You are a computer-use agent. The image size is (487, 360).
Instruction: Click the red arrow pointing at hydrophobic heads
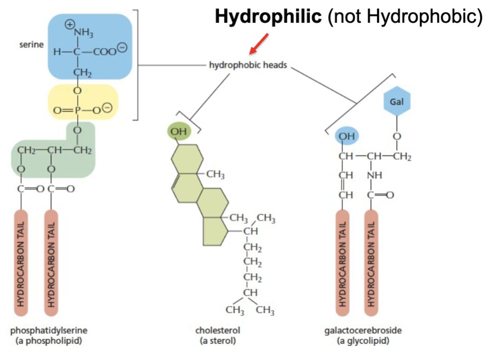coord(260,44)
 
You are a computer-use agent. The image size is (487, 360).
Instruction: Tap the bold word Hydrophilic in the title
coord(268,17)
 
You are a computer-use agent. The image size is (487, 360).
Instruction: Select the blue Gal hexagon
coord(397,101)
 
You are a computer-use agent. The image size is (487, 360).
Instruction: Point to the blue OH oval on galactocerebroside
coord(346,136)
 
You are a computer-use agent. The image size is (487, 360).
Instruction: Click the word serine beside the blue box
coord(32,45)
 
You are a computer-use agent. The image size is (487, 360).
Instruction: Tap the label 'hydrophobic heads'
coord(248,67)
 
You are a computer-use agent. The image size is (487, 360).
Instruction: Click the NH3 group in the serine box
coord(83,34)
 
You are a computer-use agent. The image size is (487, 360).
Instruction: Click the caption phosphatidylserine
coord(49,330)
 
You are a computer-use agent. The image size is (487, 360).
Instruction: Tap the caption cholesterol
coord(217,330)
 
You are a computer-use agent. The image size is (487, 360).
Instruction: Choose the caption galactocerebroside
coord(362,330)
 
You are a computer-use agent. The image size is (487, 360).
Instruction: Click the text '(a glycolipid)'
coord(362,341)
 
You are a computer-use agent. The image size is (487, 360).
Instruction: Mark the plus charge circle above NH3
coord(69,25)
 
